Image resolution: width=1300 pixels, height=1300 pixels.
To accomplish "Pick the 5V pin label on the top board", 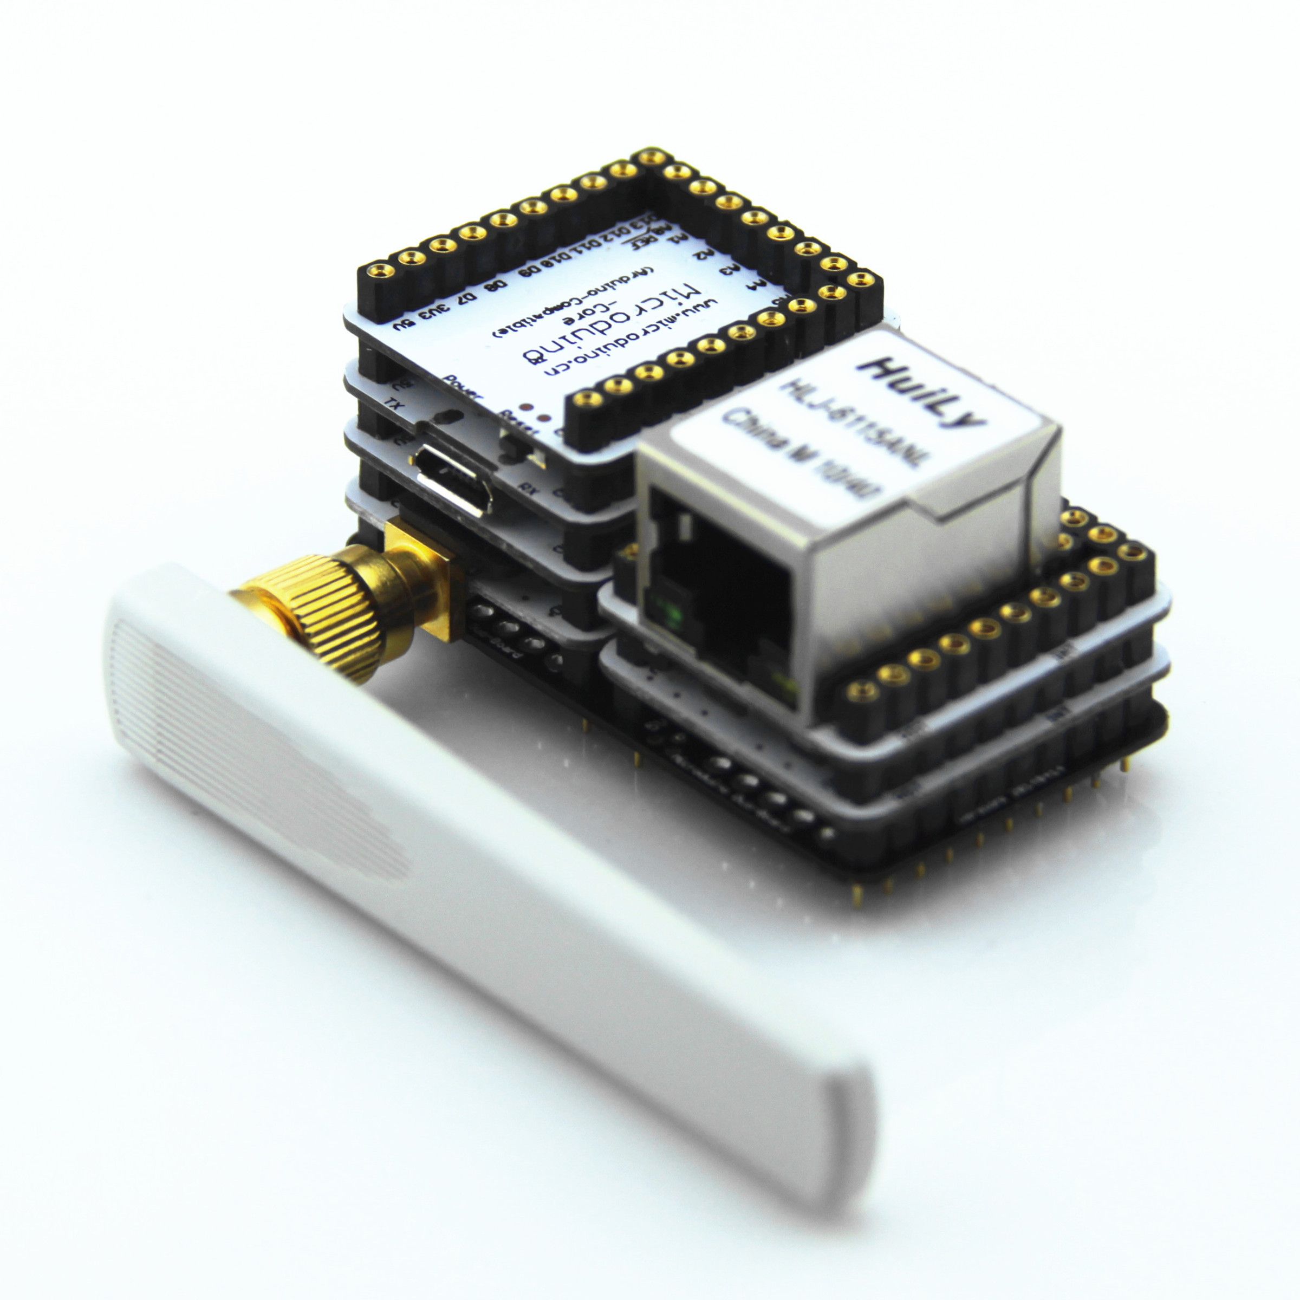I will [x=403, y=324].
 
